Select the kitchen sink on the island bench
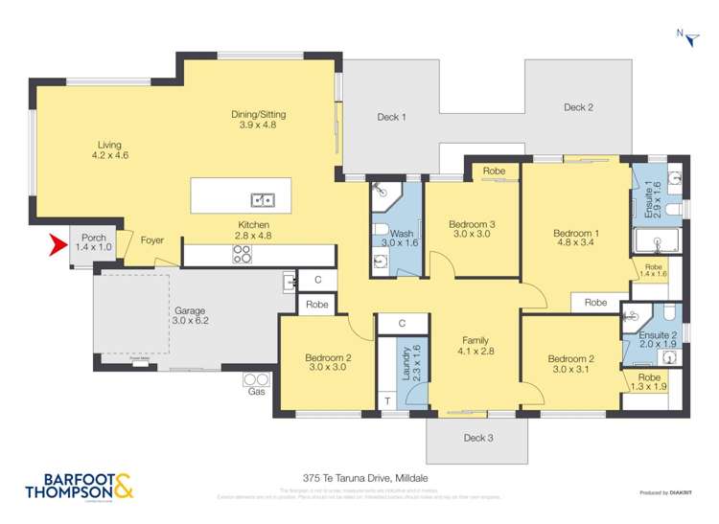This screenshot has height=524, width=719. click(263, 200)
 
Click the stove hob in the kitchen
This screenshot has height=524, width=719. click(244, 255)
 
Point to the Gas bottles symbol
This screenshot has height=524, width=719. click(256, 380)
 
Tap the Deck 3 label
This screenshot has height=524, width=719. click(476, 438)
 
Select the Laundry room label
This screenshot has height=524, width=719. click(405, 364)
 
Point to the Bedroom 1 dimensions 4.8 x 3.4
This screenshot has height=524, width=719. click(575, 244)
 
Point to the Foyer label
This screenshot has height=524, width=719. click(152, 240)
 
